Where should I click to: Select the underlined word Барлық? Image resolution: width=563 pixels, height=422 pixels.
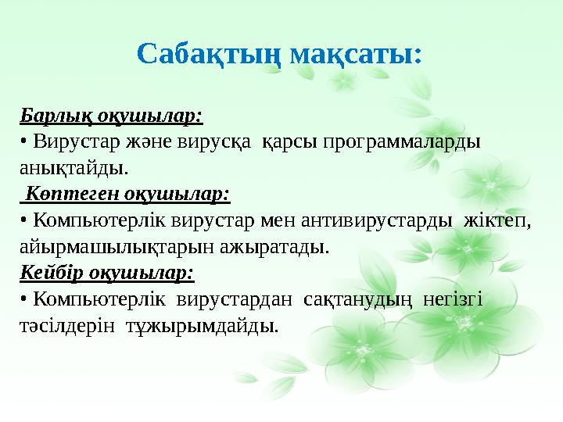[x=48, y=116]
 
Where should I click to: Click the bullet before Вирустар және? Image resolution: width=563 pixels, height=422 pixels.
[x=23, y=142]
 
